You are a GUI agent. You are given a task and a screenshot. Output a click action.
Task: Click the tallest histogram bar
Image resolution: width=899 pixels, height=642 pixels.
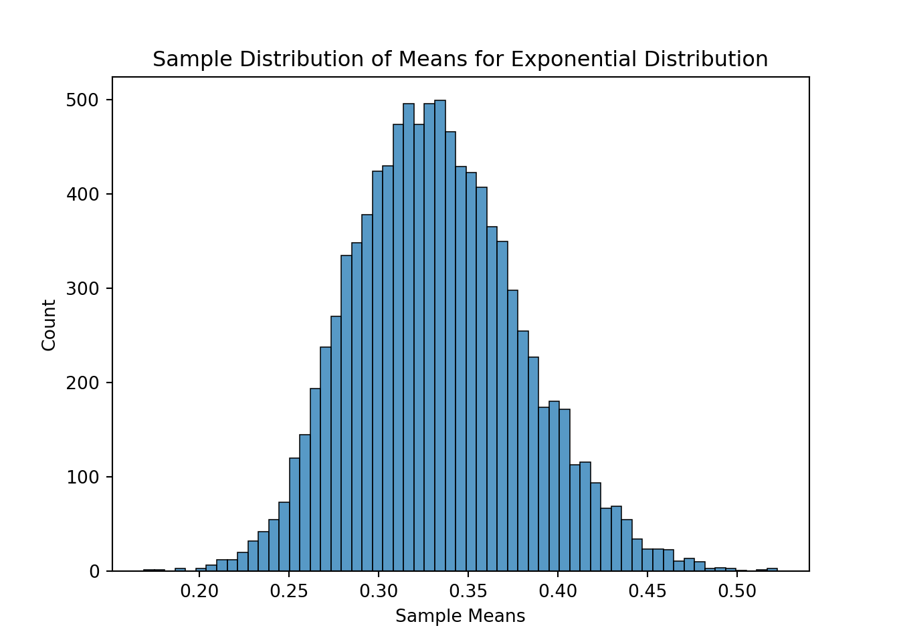point(439,334)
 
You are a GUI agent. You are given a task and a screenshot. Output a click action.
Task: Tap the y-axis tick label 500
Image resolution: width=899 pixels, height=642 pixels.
point(82,100)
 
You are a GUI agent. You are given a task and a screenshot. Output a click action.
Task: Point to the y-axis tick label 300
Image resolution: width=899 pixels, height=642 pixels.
point(82,289)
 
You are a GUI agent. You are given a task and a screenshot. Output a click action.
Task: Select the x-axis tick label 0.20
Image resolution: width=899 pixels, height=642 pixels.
point(199,592)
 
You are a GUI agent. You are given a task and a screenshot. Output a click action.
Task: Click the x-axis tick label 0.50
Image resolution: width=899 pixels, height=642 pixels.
point(736,592)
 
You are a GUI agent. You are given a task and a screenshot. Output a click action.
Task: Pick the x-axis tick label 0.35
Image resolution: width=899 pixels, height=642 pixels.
point(468,592)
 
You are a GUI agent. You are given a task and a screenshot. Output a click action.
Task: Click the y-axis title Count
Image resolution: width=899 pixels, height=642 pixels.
point(49,325)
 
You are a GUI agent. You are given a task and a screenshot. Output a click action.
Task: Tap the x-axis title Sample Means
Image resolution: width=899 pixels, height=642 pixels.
point(460,616)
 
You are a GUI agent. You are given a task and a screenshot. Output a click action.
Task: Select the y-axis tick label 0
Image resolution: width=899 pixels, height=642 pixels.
point(94,572)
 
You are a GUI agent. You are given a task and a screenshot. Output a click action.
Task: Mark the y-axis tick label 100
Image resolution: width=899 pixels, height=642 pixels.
point(82,477)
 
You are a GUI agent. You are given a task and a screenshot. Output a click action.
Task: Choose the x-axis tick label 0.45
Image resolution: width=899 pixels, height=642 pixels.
point(647,592)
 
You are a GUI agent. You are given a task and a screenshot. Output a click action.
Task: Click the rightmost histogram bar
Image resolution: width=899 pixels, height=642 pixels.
point(772,570)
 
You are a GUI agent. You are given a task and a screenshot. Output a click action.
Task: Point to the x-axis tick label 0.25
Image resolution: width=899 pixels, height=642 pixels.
point(289,592)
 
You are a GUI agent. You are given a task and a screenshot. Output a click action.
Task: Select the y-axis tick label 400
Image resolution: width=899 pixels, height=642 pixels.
point(82,195)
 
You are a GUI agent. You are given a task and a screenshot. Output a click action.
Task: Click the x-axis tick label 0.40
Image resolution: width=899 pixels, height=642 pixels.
point(558,592)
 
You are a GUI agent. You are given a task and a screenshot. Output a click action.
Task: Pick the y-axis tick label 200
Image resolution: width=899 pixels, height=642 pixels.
point(82,383)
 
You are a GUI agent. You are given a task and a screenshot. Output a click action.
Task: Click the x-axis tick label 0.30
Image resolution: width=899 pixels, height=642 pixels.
point(379,592)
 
